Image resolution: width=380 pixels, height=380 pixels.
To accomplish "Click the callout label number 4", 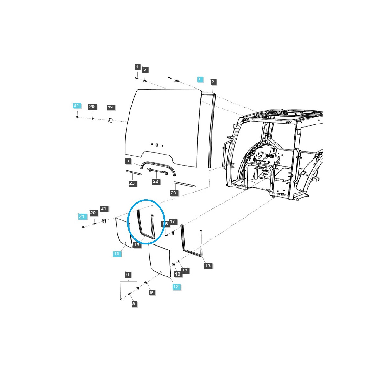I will (137, 66).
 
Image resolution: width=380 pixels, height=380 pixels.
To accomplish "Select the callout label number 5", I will (145, 69).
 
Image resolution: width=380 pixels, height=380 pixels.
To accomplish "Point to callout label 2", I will (212, 82).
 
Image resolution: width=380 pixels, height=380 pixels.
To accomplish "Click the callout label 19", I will (110, 107).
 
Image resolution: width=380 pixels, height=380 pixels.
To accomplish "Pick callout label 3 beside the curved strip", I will (128, 161).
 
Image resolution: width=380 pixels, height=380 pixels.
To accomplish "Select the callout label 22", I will (155, 181).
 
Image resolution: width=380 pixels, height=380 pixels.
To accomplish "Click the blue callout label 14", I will (117, 254).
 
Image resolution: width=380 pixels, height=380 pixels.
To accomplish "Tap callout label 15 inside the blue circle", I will (136, 245).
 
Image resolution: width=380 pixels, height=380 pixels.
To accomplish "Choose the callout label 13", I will (208, 266).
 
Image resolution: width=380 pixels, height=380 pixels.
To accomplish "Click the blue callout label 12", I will (176, 287).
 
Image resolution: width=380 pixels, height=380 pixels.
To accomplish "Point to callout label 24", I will (104, 208).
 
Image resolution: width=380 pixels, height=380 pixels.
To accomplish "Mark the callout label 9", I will (151, 292).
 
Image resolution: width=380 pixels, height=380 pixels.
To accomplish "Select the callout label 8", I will (134, 304).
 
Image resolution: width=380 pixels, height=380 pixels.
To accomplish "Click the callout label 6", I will (128, 274).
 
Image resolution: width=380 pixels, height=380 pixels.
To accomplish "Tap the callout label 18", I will (184, 270).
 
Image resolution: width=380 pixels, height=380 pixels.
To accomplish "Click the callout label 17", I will (172, 221).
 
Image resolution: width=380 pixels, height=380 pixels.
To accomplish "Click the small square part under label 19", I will (110, 120).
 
